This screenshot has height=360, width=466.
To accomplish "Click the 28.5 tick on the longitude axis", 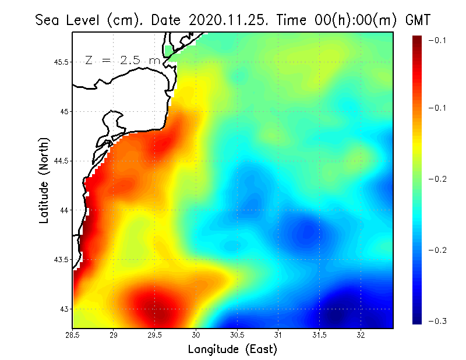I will (72, 334).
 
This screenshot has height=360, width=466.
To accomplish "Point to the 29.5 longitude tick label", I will (155, 334).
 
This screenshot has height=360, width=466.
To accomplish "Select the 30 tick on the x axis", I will (196, 334).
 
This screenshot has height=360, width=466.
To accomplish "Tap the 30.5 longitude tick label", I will (237, 334).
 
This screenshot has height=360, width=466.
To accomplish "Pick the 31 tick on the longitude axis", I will (278, 334).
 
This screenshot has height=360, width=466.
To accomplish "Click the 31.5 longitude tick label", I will (319, 334).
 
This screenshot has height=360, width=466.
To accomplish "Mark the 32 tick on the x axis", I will (361, 334).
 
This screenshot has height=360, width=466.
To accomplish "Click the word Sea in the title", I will (47, 20).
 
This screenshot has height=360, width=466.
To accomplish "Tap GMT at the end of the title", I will (418, 20).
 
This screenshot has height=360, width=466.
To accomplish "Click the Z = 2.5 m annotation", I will (122, 60).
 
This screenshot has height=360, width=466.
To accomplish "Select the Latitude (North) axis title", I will (44, 181).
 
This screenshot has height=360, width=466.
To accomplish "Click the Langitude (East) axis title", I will (232, 349).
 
